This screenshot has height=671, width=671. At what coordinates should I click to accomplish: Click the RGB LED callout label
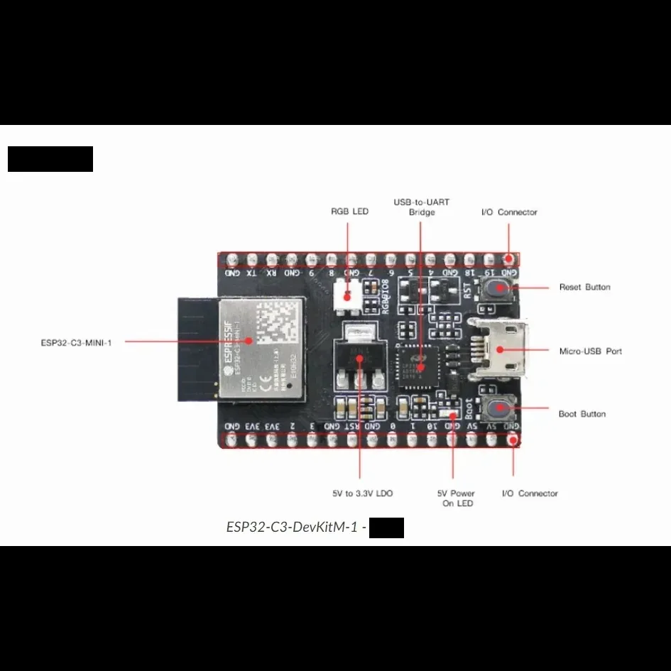pos(349,212)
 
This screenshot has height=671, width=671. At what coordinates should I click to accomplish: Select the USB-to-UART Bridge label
pos(421,207)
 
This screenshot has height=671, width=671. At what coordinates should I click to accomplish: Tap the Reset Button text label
pos(584,288)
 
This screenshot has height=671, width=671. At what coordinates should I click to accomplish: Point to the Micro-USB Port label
pos(590,351)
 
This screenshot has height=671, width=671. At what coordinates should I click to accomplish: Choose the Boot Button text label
pos(582,414)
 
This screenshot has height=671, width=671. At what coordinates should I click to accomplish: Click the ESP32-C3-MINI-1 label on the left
pos(76,342)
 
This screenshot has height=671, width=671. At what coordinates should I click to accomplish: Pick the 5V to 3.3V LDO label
pos(362,493)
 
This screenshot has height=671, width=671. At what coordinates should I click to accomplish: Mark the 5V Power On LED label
pos(456,498)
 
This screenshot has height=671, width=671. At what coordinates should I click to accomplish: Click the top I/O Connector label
pos(509,212)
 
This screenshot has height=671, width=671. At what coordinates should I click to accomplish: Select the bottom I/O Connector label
pos(530,493)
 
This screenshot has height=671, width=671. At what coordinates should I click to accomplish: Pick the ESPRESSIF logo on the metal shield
pos(231,348)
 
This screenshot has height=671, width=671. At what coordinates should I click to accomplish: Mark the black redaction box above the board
pos(50,159)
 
